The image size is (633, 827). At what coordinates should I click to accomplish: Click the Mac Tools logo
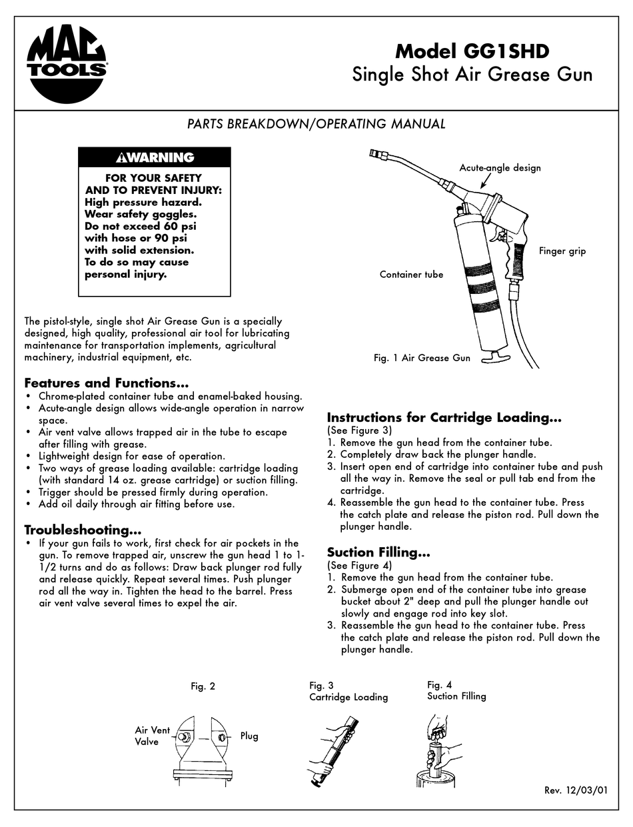point(68,65)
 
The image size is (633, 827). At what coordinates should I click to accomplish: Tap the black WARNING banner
point(155,157)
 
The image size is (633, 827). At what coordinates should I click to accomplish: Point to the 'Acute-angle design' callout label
point(500,167)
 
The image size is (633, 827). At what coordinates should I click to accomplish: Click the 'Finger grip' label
point(562,251)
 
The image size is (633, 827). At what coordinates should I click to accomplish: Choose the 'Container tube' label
point(411,274)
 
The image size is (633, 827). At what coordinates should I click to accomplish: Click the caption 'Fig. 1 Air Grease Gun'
point(422,358)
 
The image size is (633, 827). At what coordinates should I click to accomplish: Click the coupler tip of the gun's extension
point(377,157)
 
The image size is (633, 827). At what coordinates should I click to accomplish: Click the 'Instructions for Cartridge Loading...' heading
point(444,418)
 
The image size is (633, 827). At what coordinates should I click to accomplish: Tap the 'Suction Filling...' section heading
point(378,552)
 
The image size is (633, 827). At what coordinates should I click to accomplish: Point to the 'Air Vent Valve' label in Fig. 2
point(153,735)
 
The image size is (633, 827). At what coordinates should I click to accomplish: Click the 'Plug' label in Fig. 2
point(249,736)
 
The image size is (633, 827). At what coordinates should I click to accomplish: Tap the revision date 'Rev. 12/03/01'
point(576,790)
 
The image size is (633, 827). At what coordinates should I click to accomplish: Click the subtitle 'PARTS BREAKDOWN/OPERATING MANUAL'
point(316,124)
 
